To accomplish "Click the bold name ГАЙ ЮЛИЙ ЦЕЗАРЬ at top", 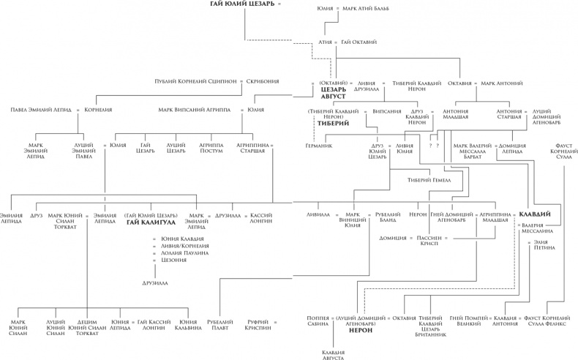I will coord(244,6).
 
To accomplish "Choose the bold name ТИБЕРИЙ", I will coord(332,124).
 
